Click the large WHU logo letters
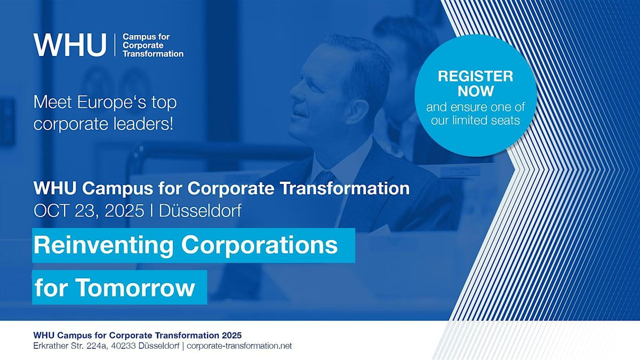tap(70, 45)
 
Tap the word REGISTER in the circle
tap(475, 76)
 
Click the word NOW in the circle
tap(476, 91)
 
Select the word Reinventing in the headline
tap(103, 246)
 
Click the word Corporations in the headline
tap(259, 246)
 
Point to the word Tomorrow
tap(135, 287)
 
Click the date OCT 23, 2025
tap(89, 211)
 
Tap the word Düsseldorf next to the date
tap(200, 211)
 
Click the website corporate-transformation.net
tap(239, 346)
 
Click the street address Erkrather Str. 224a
tap(70, 346)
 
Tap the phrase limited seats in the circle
tap(486, 121)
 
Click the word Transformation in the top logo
tap(153, 54)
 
